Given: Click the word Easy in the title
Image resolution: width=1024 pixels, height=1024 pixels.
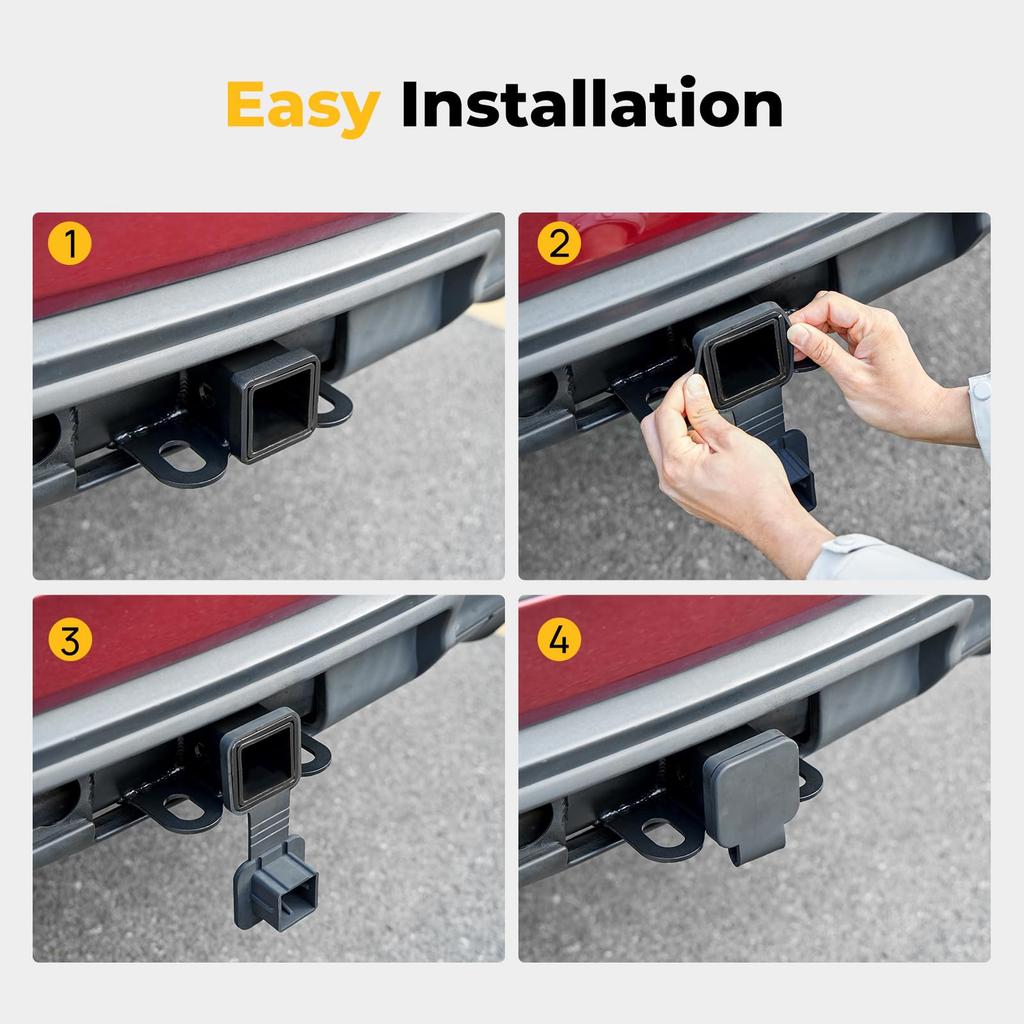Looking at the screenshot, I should (x=302, y=106).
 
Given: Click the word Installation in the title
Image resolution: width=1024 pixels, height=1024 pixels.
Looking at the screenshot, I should (x=591, y=106).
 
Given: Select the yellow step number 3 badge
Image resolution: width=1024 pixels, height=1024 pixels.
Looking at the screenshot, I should (x=70, y=640).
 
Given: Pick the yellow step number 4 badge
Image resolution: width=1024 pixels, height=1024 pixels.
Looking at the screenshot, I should (x=559, y=640).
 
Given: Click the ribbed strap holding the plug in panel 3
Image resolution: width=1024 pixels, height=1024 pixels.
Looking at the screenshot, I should (x=267, y=824).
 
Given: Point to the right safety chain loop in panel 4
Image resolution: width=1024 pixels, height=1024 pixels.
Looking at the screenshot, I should (x=810, y=780).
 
